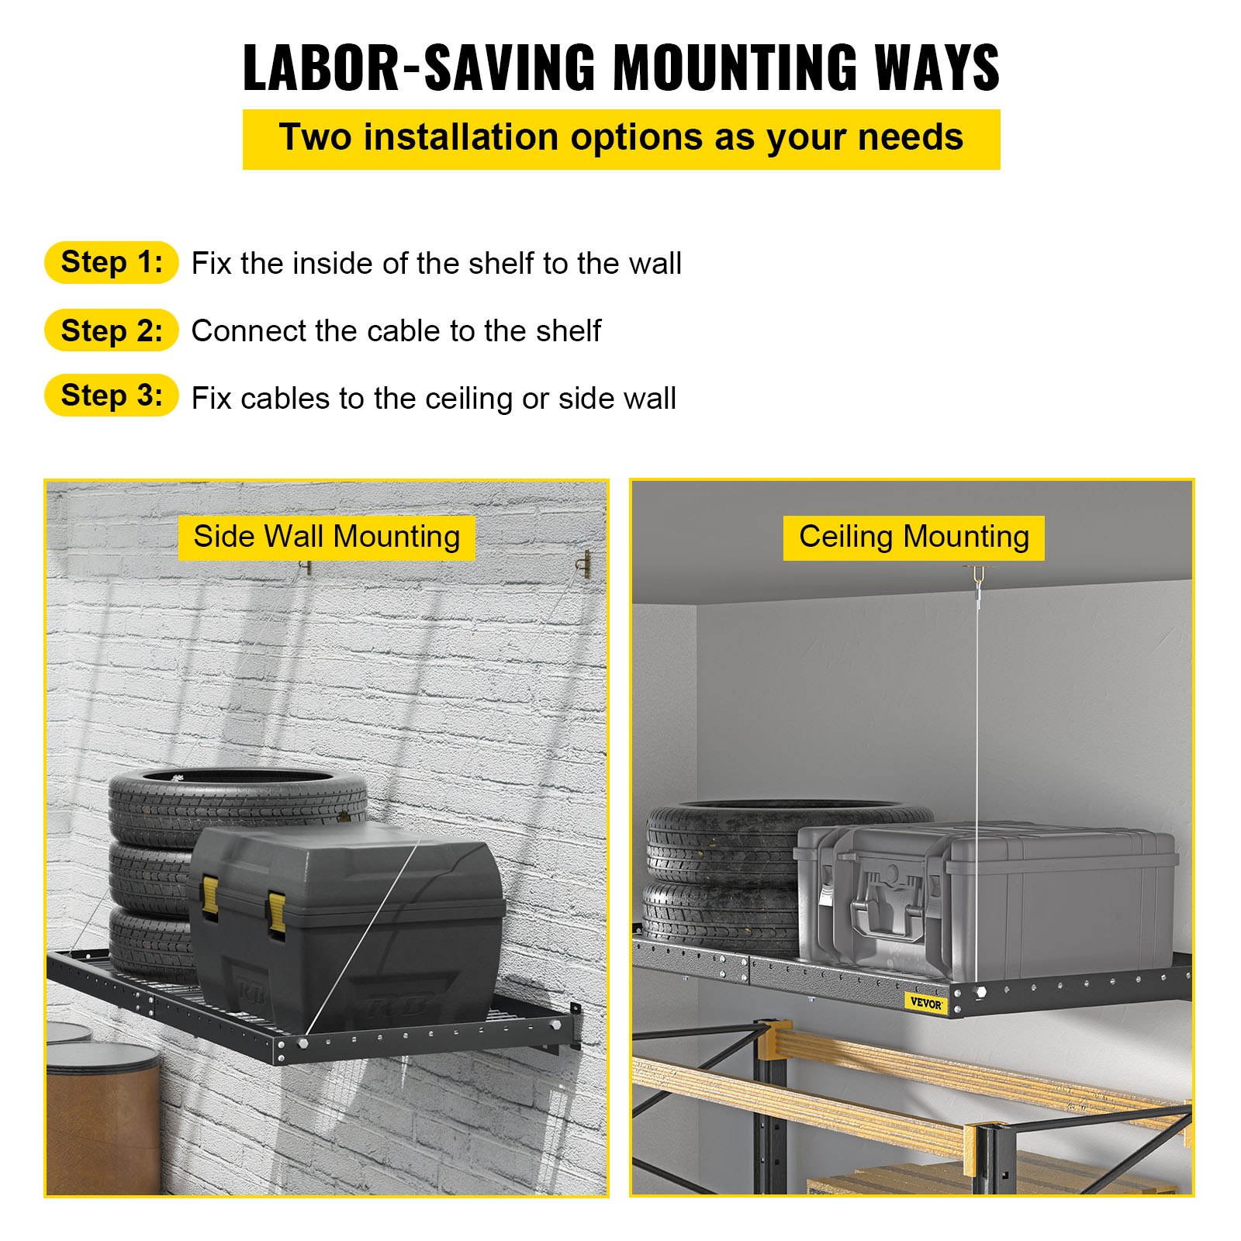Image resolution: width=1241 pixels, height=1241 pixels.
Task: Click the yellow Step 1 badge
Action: [112, 262]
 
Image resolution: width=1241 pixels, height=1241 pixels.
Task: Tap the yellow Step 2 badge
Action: [112, 330]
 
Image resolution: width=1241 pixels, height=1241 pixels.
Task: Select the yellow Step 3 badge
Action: [112, 396]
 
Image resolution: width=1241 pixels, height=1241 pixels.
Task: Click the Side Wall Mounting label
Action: [327, 537]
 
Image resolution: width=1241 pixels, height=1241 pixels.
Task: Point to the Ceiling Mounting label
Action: [914, 537]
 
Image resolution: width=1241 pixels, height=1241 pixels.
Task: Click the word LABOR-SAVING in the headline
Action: [420, 68]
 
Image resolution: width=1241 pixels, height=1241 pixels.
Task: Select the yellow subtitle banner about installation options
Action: [621, 139]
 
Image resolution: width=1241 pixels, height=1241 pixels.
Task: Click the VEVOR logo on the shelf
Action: [926, 1003]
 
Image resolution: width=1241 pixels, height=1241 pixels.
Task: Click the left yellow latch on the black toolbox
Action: [210, 896]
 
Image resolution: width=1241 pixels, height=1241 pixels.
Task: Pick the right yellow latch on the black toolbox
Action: [276, 912]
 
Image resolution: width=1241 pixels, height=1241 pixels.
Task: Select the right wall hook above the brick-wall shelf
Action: [586, 563]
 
